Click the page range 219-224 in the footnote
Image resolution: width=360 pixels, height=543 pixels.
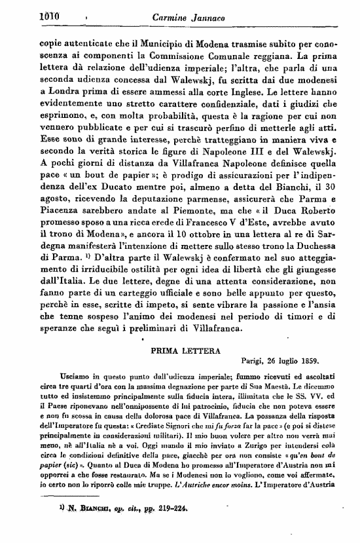[132, 526]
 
